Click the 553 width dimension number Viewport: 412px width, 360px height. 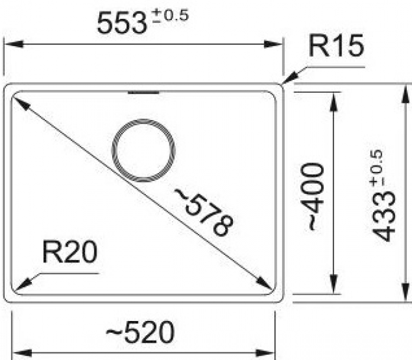pos(122,24)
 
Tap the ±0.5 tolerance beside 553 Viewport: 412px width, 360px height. pos(170,15)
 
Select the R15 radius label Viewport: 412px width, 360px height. pos(336,46)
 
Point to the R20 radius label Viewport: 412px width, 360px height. pos(70,252)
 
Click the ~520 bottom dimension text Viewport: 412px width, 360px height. pos(140,332)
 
